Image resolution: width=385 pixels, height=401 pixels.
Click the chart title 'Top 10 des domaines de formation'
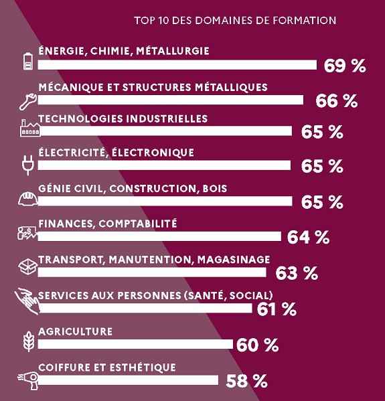[x=235, y=21]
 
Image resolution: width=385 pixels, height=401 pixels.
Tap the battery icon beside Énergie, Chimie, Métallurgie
[x=28, y=61]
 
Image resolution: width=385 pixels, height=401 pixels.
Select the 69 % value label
[x=345, y=66]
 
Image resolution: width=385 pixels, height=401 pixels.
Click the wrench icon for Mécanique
[x=28, y=102]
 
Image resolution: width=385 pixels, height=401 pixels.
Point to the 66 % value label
[x=337, y=101]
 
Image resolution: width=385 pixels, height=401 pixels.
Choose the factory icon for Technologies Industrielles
[x=30, y=128]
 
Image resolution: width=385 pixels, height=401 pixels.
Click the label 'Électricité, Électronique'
[x=116, y=153]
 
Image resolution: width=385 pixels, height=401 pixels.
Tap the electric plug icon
[x=28, y=165]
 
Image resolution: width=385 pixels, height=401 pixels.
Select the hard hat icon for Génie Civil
[x=28, y=199]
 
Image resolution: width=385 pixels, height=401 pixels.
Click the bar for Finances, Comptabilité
[x=159, y=236]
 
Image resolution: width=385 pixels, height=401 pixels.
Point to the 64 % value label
[x=308, y=238]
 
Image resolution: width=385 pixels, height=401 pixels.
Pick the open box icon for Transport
[x=28, y=266]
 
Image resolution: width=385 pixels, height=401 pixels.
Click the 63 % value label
[x=297, y=273]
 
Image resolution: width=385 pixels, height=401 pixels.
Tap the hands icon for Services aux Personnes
[x=27, y=301]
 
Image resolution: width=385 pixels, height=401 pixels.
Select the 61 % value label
[x=277, y=309]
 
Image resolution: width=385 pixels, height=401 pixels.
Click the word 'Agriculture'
[x=75, y=331]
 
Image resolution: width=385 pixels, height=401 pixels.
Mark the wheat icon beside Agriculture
[x=29, y=341]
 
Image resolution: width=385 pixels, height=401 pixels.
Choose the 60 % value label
[x=257, y=345]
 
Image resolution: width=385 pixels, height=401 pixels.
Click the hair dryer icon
[x=29, y=380]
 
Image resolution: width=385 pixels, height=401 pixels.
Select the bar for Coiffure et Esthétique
[x=128, y=380]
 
